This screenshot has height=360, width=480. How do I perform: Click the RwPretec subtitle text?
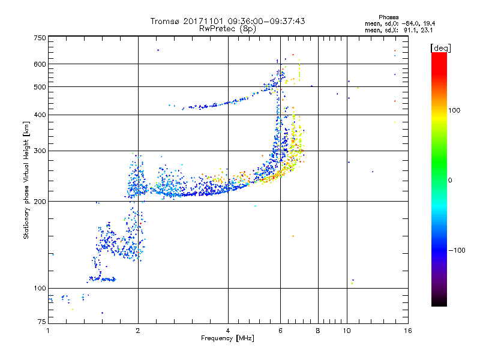(x=217, y=28)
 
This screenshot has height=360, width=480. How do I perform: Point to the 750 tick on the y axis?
(x=40, y=38)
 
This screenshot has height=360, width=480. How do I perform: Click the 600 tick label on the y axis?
(x=40, y=64)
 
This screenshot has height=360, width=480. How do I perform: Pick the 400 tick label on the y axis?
(x=40, y=115)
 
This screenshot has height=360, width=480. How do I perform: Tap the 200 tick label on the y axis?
(x=40, y=201)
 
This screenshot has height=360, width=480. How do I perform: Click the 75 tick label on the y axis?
(x=41, y=322)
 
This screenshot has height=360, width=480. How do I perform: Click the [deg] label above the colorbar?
(x=441, y=47)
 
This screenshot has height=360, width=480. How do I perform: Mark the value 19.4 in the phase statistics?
(x=435, y=23)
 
